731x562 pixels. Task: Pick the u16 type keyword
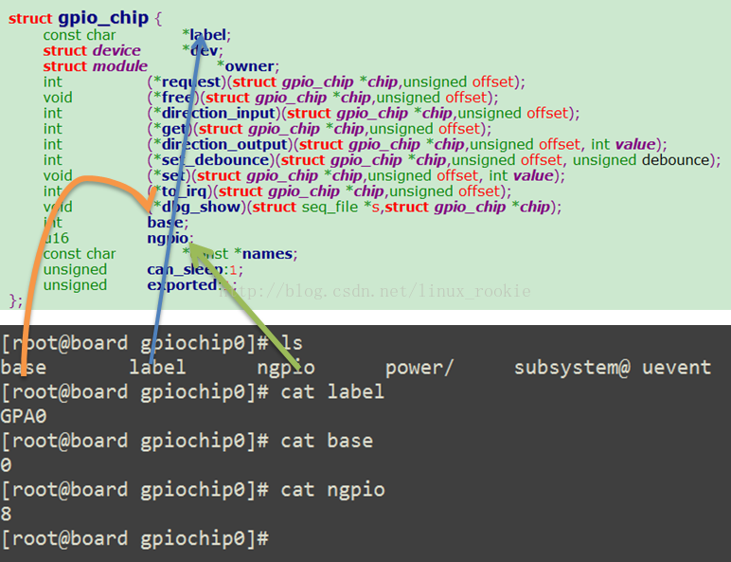pos(56,238)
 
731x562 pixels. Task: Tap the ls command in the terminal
pos(292,342)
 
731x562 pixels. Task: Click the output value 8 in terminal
pos(7,514)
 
